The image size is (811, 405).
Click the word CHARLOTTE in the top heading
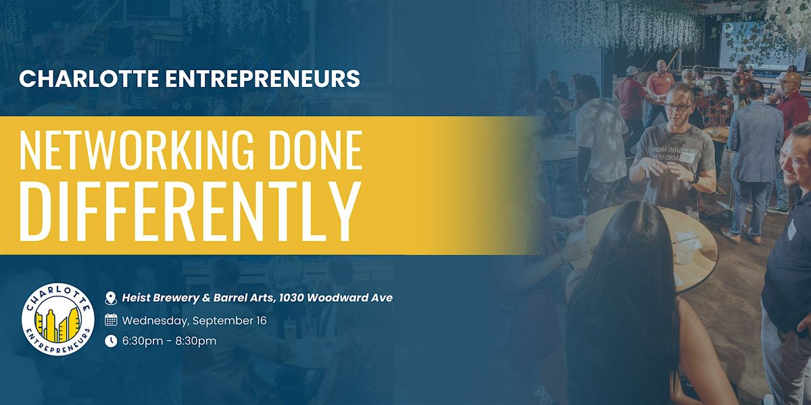click(x=89, y=78)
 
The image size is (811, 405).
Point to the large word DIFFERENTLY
click(x=190, y=211)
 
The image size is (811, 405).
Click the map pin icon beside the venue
click(x=111, y=298)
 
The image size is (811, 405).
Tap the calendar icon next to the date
click(x=111, y=321)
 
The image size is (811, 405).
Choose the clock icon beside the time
click(x=111, y=341)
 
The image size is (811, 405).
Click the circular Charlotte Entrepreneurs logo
click(x=58, y=319)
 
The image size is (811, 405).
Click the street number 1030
click(x=291, y=298)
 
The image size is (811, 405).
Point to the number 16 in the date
click(x=261, y=321)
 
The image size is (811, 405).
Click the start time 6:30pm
click(x=143, y=341)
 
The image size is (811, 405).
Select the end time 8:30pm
click(x=195, y=341)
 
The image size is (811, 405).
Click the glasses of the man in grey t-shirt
click(x=677, y=107)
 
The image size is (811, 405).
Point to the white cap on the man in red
click(x=631, y=70)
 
